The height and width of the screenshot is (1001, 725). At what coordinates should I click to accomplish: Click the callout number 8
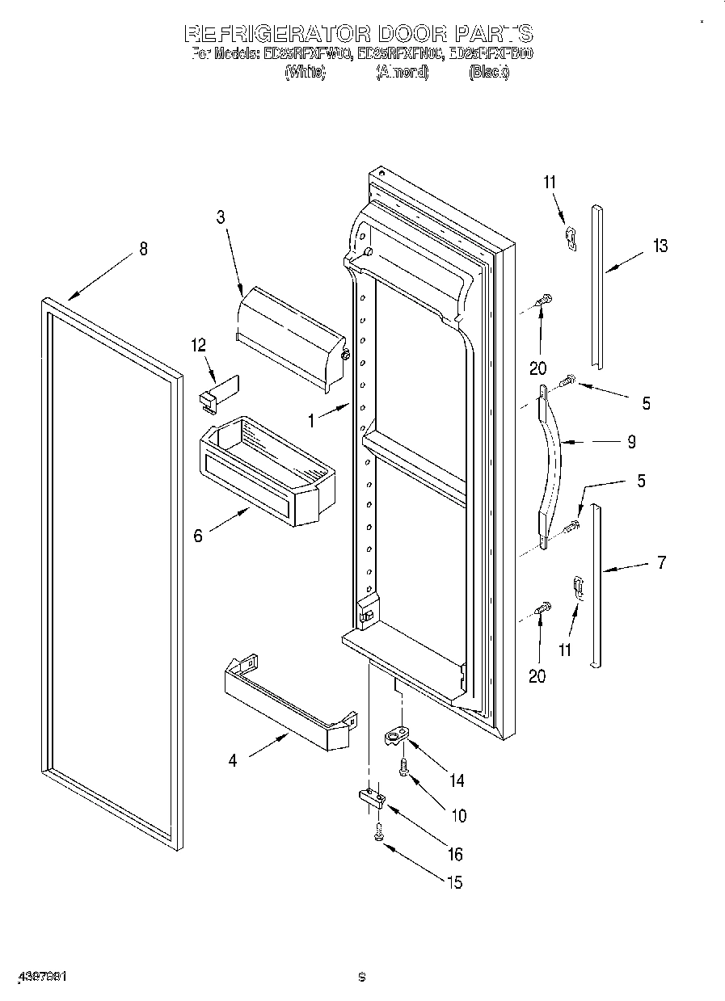[144, 250]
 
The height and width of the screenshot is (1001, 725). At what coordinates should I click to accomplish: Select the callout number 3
[220, 217]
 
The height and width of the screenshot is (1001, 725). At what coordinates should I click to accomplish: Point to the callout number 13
[660, 246]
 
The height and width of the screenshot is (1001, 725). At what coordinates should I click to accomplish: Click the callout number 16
[456, 854]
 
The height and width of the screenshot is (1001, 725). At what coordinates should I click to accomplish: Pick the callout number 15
[455, 882]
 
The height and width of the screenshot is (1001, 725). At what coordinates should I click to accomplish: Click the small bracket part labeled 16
[371, 798]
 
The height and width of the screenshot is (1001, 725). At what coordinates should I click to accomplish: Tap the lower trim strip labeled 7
[596, 586]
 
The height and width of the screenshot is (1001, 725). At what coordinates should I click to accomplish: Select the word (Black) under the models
[489, 72]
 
